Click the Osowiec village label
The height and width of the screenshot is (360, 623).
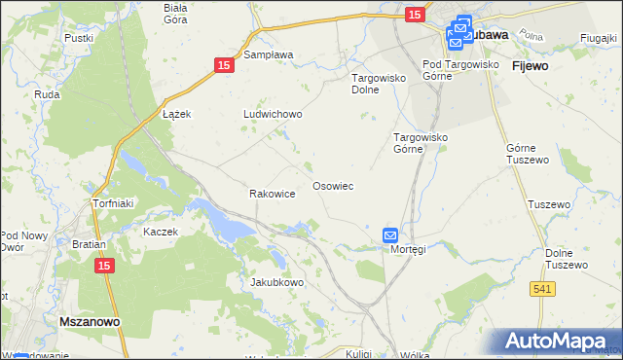(x=332, y=185)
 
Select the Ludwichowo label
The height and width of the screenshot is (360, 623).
(x=273, y=114)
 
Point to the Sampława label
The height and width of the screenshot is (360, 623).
(x=269, y=55)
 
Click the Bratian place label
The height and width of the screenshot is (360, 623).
(x=89, y=244)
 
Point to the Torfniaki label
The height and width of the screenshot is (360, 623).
(x=111, y=203)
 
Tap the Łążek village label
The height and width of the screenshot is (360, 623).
(x=175, y=114)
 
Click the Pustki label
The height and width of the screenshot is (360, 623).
(x=78, y=38)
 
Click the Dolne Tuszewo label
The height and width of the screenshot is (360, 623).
(x=568, y=258)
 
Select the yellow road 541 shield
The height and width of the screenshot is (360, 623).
(x=543, y=288)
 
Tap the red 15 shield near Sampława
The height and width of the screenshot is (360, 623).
(x=224, y=64)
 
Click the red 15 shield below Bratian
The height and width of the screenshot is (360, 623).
(x=104, y=265)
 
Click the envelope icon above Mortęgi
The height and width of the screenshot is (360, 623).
(x=390, y=234)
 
